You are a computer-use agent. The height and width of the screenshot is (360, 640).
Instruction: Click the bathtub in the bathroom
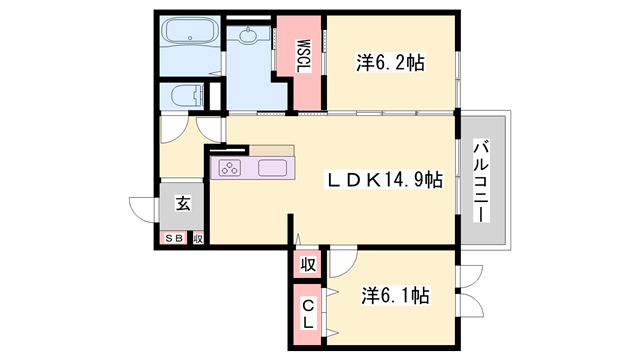[190, 32]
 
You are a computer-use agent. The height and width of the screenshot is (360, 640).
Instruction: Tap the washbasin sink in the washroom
[248, 36]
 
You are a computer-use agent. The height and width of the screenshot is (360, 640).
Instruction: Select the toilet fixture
[187, 96]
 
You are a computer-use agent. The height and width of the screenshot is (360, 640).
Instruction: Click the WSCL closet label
[304, 56]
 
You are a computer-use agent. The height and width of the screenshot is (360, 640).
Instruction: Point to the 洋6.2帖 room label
[390, 63]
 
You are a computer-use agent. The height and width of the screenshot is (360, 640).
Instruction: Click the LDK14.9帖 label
[384, 180]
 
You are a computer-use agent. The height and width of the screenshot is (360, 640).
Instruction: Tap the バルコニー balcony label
[481, 181]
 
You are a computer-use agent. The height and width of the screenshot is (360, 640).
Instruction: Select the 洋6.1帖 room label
[395, 295]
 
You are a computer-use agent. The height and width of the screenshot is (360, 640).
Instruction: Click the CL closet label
[308, 313]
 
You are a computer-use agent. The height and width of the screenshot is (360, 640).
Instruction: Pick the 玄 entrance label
[183, 203]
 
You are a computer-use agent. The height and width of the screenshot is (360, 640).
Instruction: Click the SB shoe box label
[174, 239]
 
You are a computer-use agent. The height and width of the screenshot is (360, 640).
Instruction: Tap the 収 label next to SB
[198, 239]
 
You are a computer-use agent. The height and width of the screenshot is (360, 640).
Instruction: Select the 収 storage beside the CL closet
[308, 265]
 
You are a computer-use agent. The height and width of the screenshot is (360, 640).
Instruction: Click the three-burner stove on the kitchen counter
[230, 168]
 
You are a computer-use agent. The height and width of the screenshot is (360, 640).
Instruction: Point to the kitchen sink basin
[272, 168]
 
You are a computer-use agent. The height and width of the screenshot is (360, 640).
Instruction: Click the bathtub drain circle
[190, 38]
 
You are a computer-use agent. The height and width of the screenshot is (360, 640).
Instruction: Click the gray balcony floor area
[484, 180]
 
